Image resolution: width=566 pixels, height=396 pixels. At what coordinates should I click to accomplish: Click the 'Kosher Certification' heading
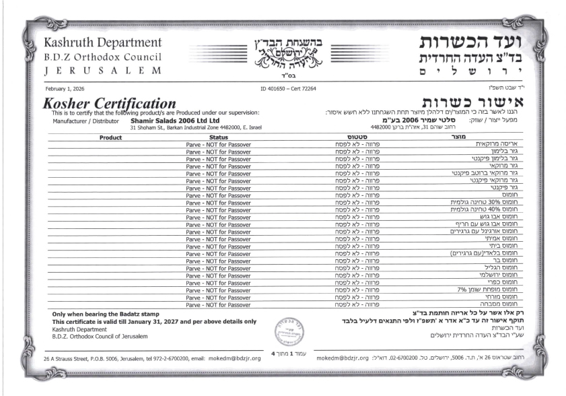[108, 103]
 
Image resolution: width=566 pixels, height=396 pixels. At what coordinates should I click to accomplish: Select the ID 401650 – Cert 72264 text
[287, 88]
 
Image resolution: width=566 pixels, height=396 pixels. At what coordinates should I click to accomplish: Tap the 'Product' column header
[110, 137]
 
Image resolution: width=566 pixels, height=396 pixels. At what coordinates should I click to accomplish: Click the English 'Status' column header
[219, 137]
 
